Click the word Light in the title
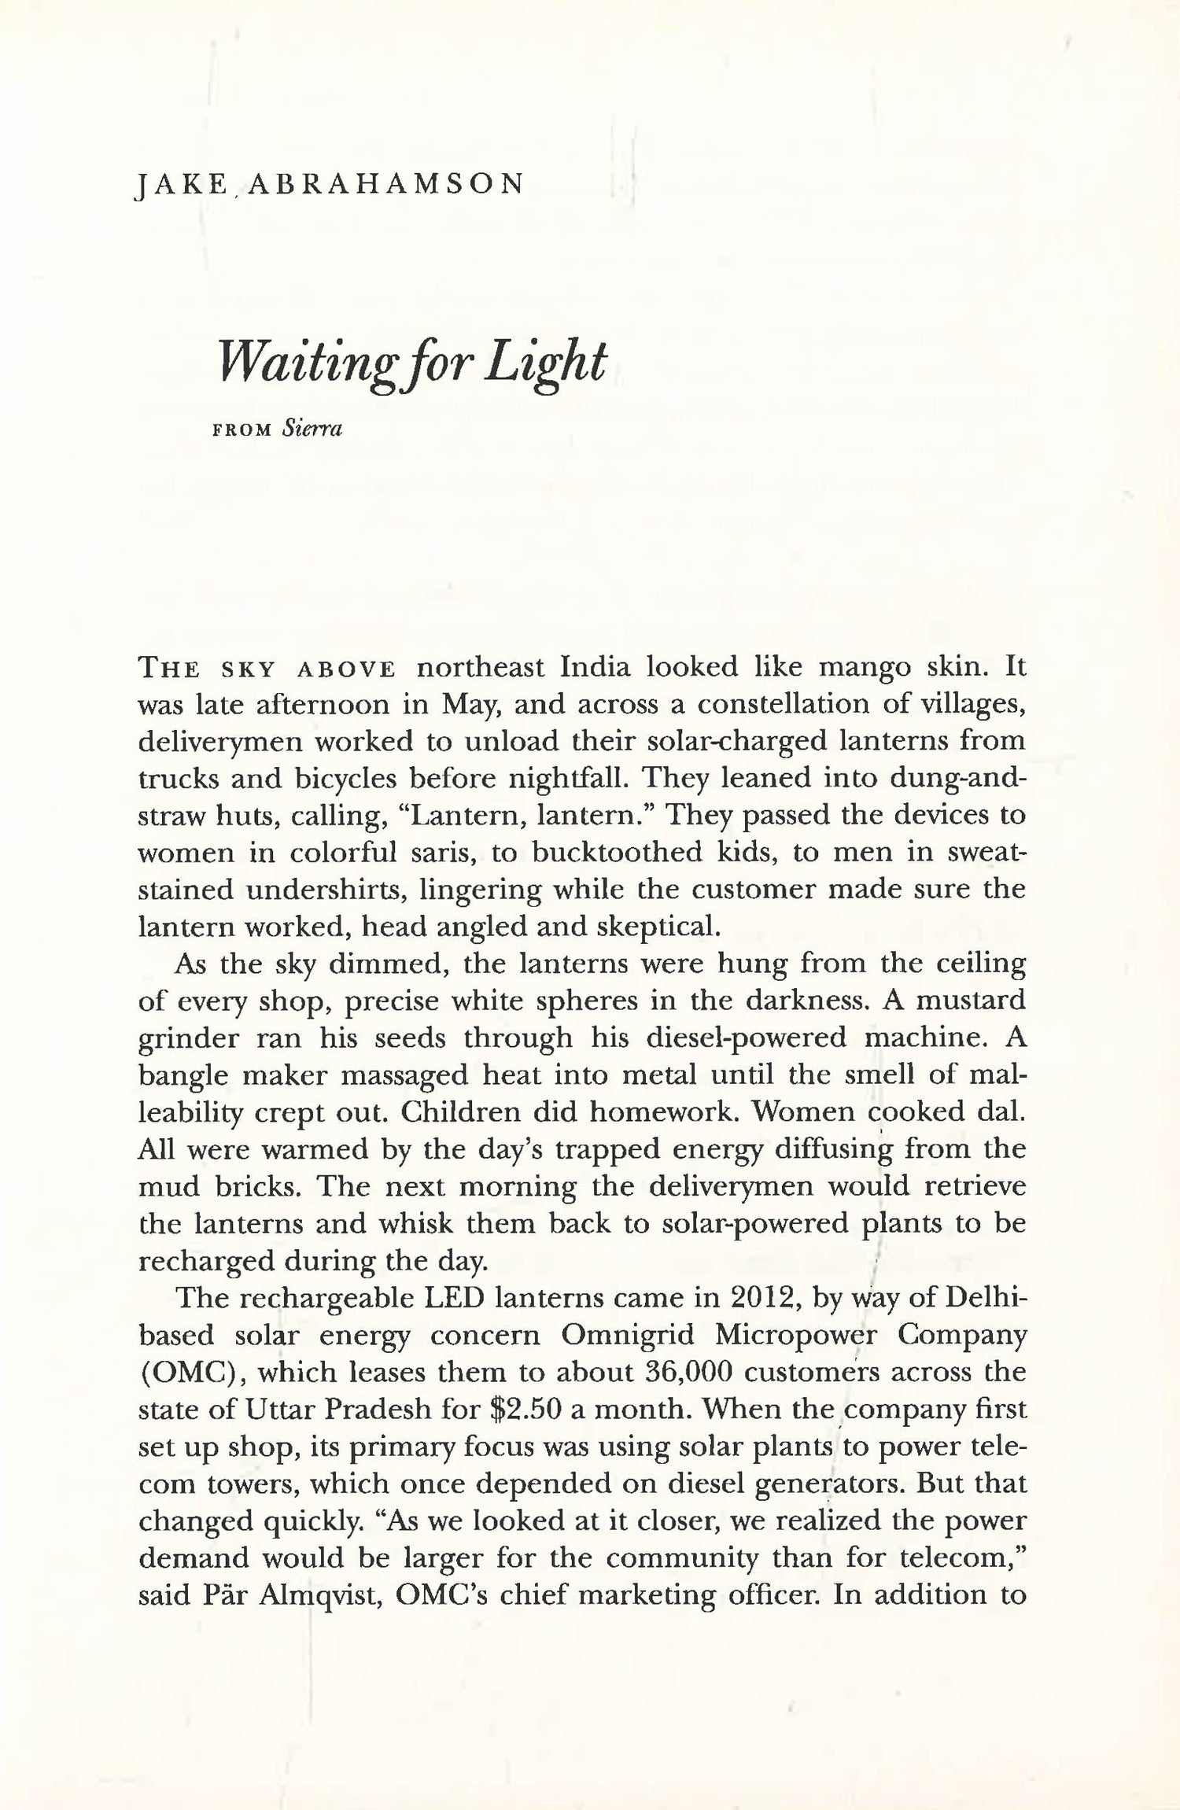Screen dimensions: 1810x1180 546,363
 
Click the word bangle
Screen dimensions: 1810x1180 181,1075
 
